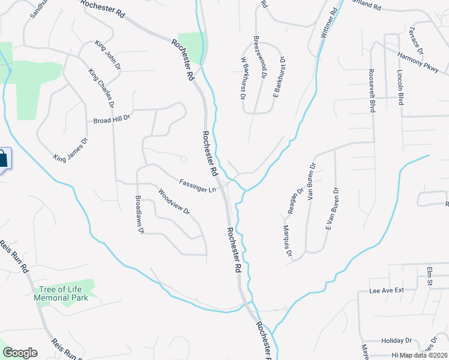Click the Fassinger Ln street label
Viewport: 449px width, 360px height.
click(x=197, y=186)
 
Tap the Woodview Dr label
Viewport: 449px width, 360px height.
click(x=173, y=203)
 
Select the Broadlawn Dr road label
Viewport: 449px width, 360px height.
click(x=139, y=215)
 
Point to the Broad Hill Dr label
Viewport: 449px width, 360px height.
click(x=112, y=120)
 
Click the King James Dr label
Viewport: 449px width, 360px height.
click(x=71, y=150)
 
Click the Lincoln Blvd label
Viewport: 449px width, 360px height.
click(x=400, y=88)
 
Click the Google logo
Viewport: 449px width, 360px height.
click(x=20, y=353)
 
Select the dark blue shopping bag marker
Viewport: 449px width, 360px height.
click(x=3, y=160)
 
